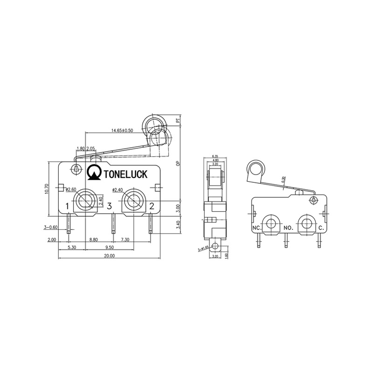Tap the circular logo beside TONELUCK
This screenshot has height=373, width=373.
95,172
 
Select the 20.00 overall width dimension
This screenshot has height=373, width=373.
109,256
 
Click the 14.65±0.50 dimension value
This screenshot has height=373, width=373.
122,131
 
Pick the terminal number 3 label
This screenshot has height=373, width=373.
109,206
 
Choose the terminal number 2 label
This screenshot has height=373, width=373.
152,206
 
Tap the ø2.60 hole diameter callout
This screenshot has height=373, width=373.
71,189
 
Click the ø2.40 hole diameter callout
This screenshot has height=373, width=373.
118,189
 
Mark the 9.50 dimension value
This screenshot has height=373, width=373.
110,248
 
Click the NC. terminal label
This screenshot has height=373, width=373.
256,228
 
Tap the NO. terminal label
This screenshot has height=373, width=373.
288,228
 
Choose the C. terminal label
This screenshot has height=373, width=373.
321,228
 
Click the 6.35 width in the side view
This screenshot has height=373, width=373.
215,156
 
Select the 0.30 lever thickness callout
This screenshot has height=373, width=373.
284,179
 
